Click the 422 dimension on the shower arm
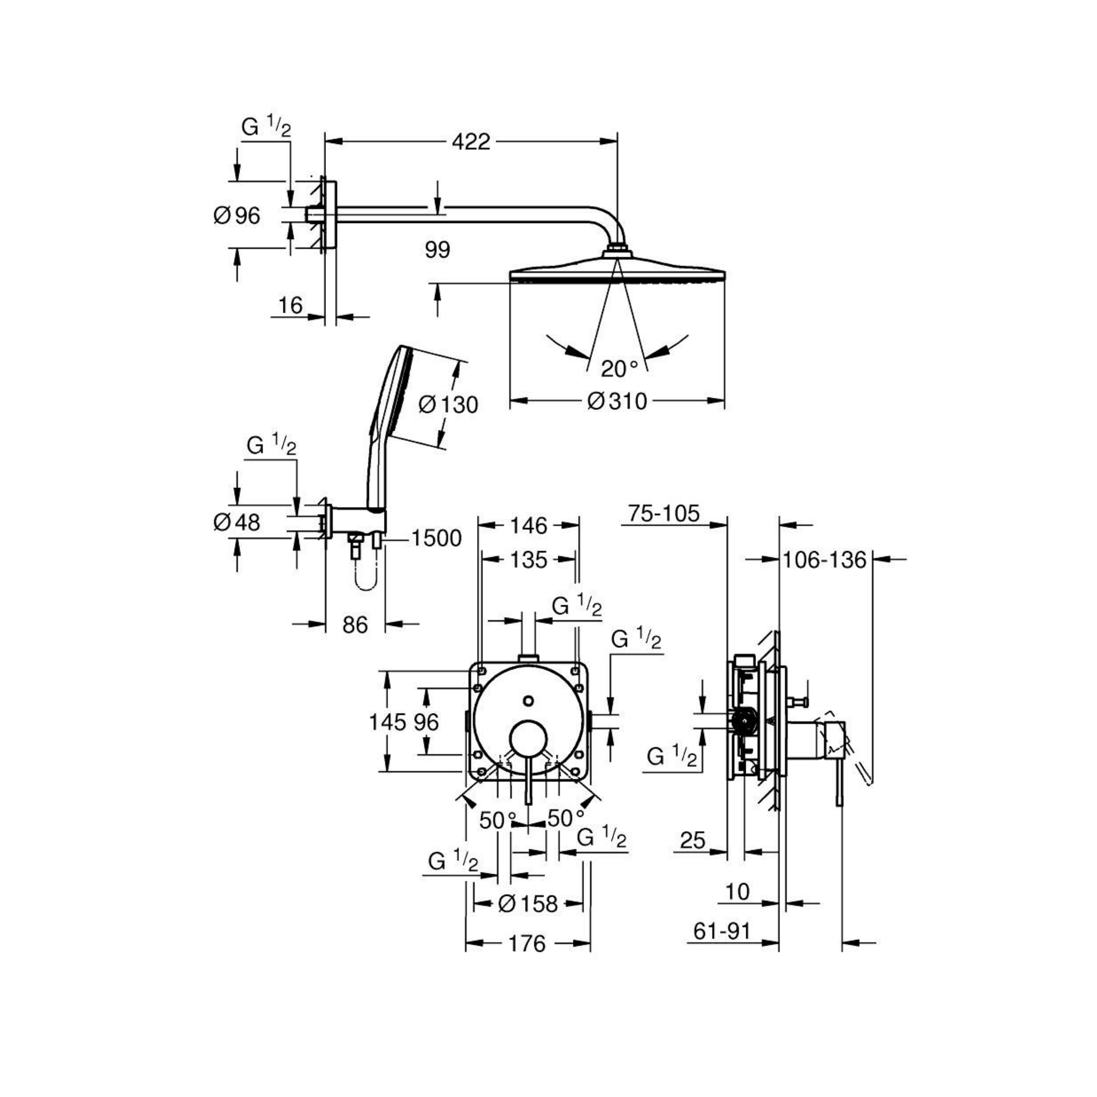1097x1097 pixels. click(471, 141)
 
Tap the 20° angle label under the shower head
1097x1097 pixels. click(620, 370)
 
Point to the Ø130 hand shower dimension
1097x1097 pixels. click(448, 405)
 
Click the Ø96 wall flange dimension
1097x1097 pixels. click(237, 216)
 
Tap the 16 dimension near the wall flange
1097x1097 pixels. click(290, 306)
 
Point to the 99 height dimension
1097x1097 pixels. click(437, 250)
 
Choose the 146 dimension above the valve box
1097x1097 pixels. click(529, 526)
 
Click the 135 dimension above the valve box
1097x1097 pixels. click(529, 560)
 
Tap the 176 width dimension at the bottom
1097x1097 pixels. click(527, 944)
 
